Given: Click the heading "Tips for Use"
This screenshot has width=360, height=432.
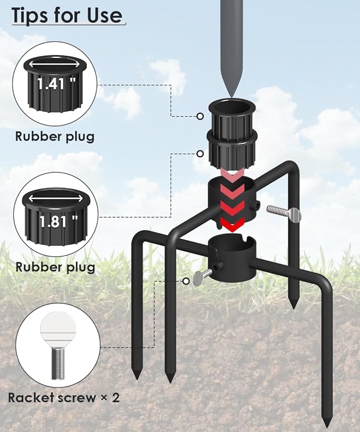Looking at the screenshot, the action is [67, 15].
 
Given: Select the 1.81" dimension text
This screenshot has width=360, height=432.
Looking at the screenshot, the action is [58, 221].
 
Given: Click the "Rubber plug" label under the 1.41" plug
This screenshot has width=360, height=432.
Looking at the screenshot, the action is [55, 137].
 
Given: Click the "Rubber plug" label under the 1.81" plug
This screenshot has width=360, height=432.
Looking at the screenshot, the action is [55, 267].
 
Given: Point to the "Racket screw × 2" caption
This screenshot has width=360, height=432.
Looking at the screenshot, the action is [64, 398].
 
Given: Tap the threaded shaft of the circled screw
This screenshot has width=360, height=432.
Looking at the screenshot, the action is [58, 362].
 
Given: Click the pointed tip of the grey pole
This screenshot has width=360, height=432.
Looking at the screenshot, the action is [231, 96].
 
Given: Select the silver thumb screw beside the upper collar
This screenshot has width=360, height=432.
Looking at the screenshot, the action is [284, 213].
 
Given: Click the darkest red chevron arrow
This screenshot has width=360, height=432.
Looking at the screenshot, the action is [233, 224].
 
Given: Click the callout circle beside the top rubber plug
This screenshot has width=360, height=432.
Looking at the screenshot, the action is [200, 116].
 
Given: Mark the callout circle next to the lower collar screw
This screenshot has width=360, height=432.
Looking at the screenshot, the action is [186, 281].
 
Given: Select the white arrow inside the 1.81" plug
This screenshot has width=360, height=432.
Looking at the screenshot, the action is [56, 198].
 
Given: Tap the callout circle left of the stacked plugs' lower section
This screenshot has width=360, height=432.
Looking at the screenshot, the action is [200, 154].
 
